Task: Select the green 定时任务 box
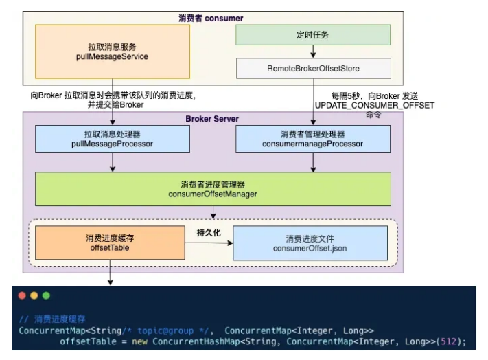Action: pyautogui.click(x=313, y=35)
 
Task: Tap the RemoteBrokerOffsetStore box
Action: pyautogui.click(x=313, y=68)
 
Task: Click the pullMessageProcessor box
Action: pyautogui.click(x=112, y=139)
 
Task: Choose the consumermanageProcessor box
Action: pyautogui.click(x=313, y=139)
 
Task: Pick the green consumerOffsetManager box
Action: pyautogui.click(x=213, y=189)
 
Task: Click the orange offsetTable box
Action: pyautogui.click(x=113, y=243)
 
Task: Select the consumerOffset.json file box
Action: pyautogui.click(x=312, y=243)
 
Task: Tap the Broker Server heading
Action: pyautogui.click(x=212, y=119)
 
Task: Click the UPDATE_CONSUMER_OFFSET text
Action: pyautogui.click(x=375, y=106)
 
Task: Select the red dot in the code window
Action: pyautogui.click(x=21, y=295)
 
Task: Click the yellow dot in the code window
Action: pyautogui.click(x=34, y=295)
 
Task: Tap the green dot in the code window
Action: pyautogui.click(x=46, y=295)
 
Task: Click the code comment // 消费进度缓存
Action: pyautogui.click(x=52, y=319)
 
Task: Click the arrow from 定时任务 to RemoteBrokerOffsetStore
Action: pyautogui.click(x=313, y=52)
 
